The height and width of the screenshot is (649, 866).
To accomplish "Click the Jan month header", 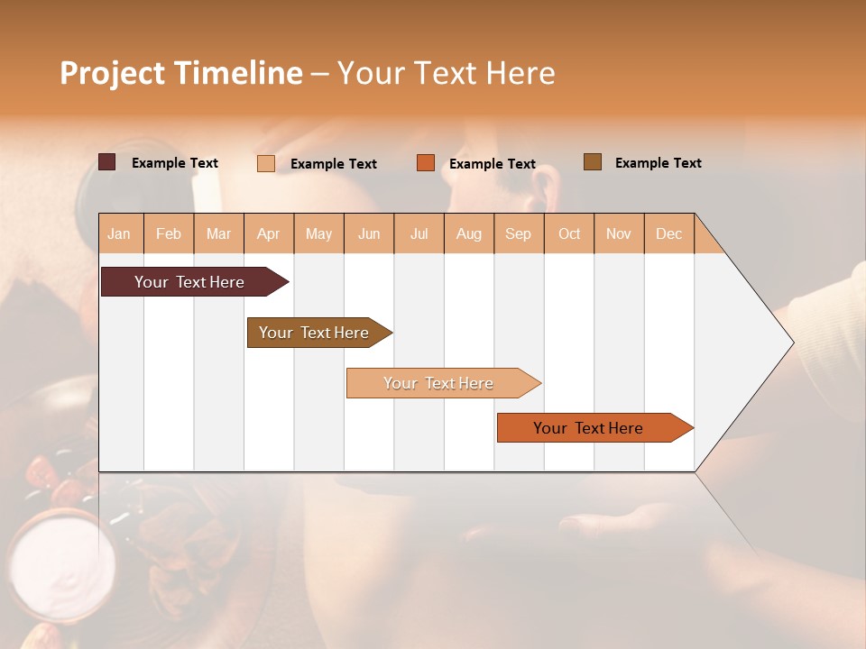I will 119,233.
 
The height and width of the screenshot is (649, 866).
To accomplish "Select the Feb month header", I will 169,233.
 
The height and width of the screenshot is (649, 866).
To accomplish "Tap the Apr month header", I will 269,233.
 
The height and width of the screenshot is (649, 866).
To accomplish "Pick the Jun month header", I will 369,233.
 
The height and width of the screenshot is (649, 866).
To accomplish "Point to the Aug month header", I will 468,233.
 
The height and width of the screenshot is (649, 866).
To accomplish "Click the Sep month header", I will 518,233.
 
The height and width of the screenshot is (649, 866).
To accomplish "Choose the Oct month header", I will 569,233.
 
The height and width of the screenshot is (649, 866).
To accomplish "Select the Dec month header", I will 668,233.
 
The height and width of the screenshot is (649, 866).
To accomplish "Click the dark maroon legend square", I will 106,162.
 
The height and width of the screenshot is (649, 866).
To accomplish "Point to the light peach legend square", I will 266,163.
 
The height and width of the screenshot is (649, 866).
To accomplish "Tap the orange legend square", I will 426,163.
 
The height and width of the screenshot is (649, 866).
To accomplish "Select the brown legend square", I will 593,162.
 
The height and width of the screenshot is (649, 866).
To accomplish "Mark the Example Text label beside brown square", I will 658,163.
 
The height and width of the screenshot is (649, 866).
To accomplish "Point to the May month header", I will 318,233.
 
